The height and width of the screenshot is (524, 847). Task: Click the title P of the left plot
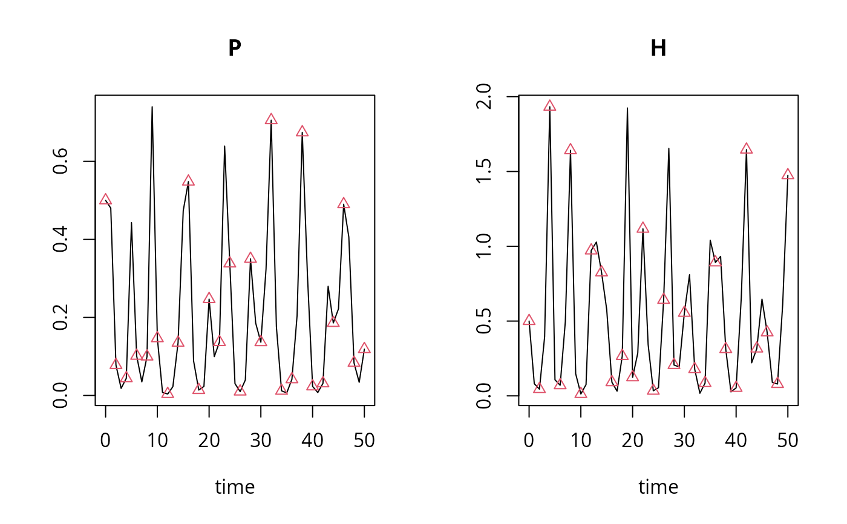click(x=235, y=48)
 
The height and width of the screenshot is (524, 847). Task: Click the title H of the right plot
click(x=658, y=48)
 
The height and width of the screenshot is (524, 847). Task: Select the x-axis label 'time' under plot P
click(x=235, y=486)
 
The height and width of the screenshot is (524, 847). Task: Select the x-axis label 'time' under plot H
click(x=658, y=486)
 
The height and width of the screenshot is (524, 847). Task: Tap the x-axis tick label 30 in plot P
click(x=261, y=440)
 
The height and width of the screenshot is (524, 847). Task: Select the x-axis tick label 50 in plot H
click(x=788, y=440)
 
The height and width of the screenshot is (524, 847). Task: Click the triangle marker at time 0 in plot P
click(x=106, y=199)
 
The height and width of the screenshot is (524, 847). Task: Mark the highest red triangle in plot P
click(x=271, y=119)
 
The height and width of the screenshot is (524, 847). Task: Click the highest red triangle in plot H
click(x=549, y=106)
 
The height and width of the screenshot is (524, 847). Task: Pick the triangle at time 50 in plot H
click(x=788, y=174)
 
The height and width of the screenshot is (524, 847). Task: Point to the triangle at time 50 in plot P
click(x=364, y=348)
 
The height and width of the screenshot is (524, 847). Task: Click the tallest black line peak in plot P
click(x=152, y=107)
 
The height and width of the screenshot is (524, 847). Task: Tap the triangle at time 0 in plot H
click(x=529, y=320)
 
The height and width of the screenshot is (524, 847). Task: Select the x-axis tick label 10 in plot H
click(x=581, y=440)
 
